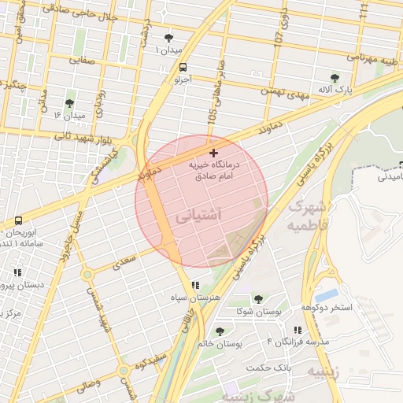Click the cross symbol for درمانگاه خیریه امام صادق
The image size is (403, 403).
213,152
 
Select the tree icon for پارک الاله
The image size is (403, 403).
335,78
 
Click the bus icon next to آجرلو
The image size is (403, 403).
183,67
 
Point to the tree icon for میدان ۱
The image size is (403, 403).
168,37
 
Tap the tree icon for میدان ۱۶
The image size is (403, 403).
69,103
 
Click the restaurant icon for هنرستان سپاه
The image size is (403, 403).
195,285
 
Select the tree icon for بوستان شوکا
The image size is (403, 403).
258,299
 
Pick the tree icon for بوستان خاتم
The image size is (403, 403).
220,331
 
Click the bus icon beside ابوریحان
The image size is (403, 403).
17,220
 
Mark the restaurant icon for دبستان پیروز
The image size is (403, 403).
17,273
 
